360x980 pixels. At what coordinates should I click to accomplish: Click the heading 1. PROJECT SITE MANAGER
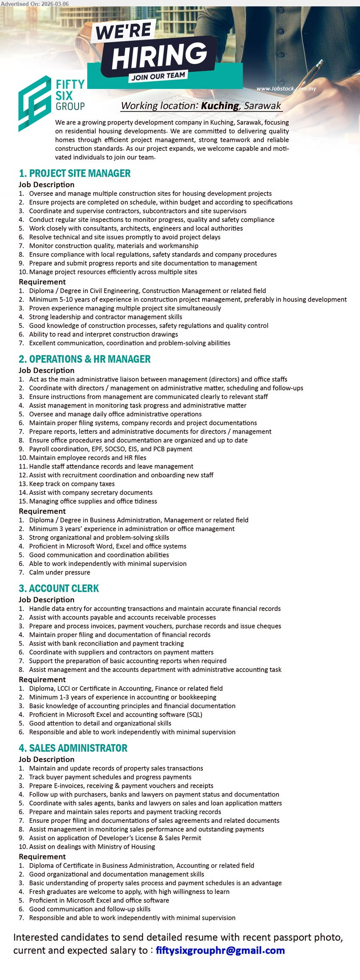75,173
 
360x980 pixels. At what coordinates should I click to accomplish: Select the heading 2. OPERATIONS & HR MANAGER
84,359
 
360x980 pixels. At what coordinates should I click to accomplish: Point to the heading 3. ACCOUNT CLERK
58,588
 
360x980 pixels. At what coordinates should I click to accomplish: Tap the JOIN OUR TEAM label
158,76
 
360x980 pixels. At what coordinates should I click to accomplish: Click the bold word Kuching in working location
219,105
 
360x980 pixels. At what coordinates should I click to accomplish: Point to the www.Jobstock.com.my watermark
286,89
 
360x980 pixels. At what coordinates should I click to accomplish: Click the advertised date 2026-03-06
55,3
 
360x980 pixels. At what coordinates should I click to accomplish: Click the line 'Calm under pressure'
59,572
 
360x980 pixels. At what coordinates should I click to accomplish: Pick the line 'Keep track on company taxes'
72,484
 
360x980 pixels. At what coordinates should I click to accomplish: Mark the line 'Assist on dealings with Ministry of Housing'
92,847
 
